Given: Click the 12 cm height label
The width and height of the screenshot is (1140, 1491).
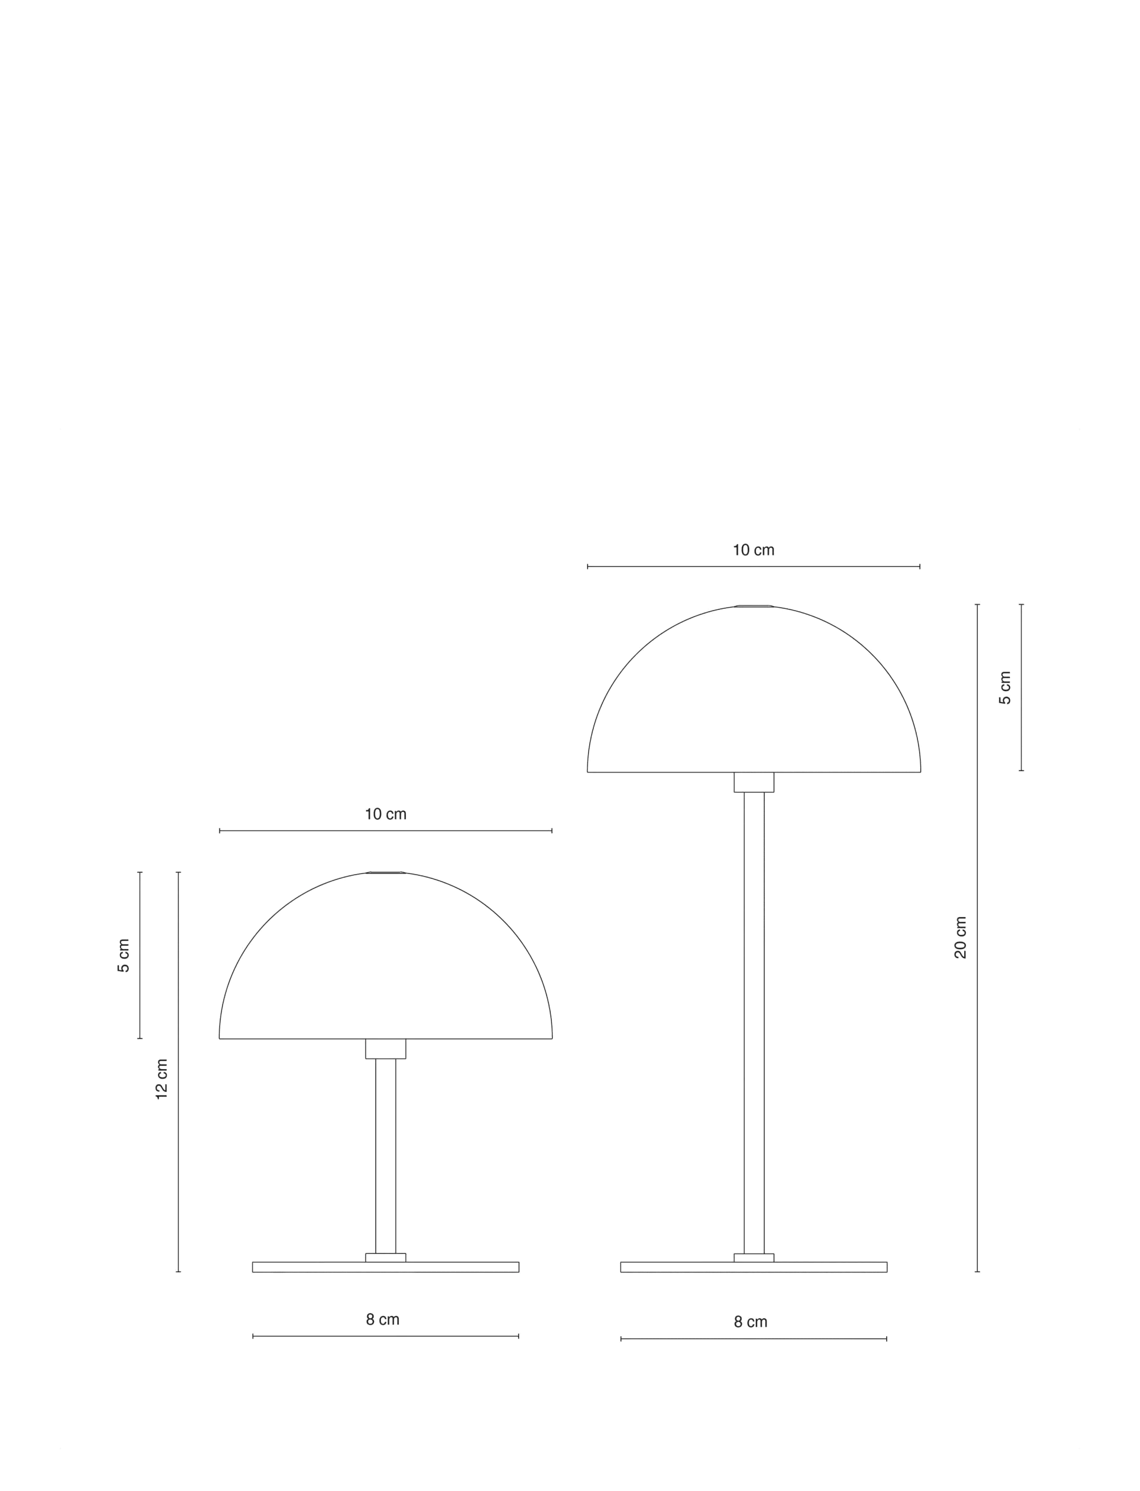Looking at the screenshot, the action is [x=161, y=1079].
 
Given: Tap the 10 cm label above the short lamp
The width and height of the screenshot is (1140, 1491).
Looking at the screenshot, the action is [x=385, y=814].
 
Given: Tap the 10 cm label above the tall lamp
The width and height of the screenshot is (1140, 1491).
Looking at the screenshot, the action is [x=753, y=550].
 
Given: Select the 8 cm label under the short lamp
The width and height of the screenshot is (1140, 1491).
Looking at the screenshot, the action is [x=383, y=1320].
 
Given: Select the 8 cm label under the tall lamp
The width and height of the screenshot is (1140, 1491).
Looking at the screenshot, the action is [x=751, y=1322].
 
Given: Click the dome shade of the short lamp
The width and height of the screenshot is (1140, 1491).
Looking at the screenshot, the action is [x=385, y=875].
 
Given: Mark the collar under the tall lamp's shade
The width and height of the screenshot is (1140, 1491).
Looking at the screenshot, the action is [x=754, y=782].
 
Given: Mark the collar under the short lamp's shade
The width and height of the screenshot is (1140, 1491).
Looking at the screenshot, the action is [x=385, y=1049].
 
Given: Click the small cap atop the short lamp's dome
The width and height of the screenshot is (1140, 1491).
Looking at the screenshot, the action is [x=385, y=873].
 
